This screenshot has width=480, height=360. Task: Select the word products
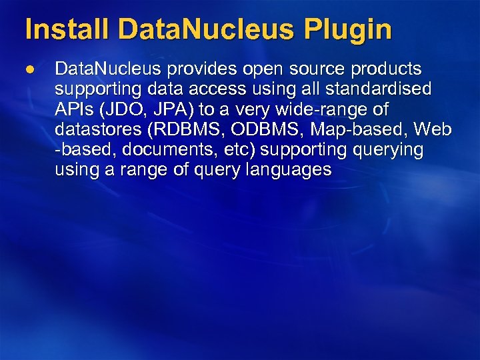[390, 69]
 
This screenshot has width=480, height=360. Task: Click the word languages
[288, 169]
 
